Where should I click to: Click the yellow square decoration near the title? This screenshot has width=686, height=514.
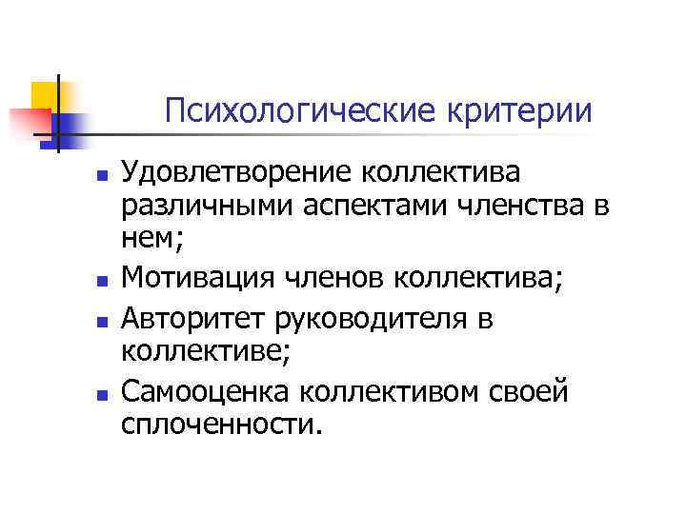43,95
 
